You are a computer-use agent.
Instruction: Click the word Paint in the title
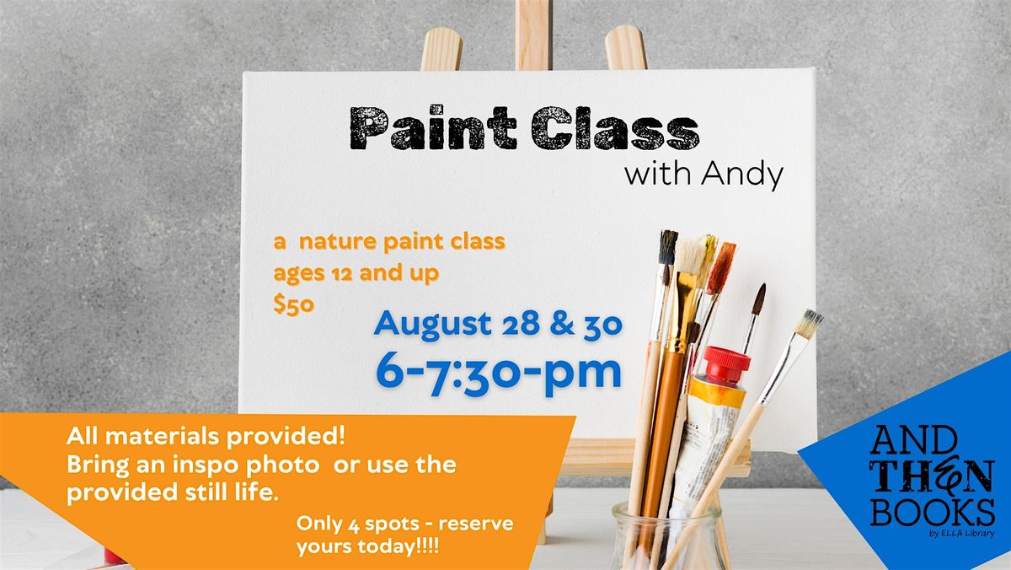pyautogui.click(x=433, y=128)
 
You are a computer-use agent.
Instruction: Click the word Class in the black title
pyautogui.click(x=616, y=128)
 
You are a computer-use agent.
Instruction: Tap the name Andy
pyautogui.click(x=742, y=175)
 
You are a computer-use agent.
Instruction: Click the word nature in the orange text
pyautogui.click(x=338, y=242)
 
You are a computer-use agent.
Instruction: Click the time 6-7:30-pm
pyautogui.click(x=499, y=374)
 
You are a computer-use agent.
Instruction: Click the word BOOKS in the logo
pyautogui.click(x=933, y=511)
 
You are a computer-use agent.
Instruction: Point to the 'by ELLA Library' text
pyautogui.click(x=962, y=534)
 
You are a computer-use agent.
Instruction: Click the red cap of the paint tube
pyautogui.click(x=726, y=363)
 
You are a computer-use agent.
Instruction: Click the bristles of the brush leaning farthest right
pyautogui.click(x=810, y=324)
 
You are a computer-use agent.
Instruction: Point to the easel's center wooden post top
pyautogui.click(x=533, y=4)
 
